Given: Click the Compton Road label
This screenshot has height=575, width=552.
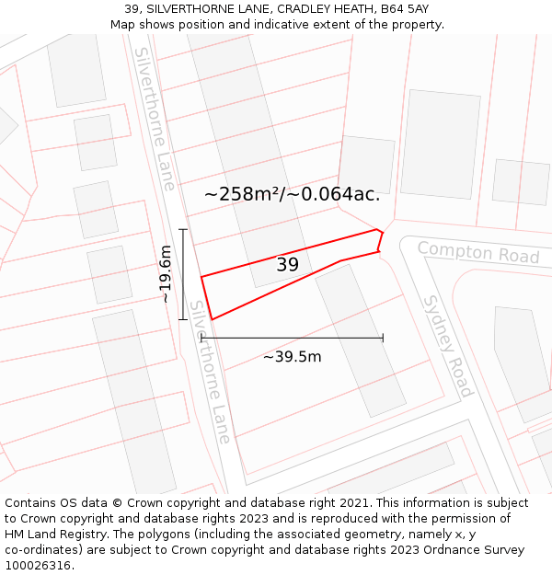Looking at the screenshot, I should coord(478,252).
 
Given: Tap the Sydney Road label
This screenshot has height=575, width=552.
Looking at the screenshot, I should coord(448,346).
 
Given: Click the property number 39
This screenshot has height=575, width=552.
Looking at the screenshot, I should coord(287,265).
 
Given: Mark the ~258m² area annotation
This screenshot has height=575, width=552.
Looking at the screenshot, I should coord(292,194).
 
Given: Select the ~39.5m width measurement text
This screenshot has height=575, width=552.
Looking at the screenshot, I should coord(292,356).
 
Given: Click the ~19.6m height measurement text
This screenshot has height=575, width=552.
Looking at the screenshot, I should coord(165,273).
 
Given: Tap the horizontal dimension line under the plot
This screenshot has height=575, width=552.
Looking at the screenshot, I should coord(292,339).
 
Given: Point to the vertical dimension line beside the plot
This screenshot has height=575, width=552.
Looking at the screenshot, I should coord(183,273).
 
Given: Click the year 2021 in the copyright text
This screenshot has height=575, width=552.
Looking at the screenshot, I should coord(353,502).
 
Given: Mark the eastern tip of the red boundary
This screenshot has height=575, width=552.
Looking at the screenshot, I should coord(382,233).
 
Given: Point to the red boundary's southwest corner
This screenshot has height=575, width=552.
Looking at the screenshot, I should coord(212,319).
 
